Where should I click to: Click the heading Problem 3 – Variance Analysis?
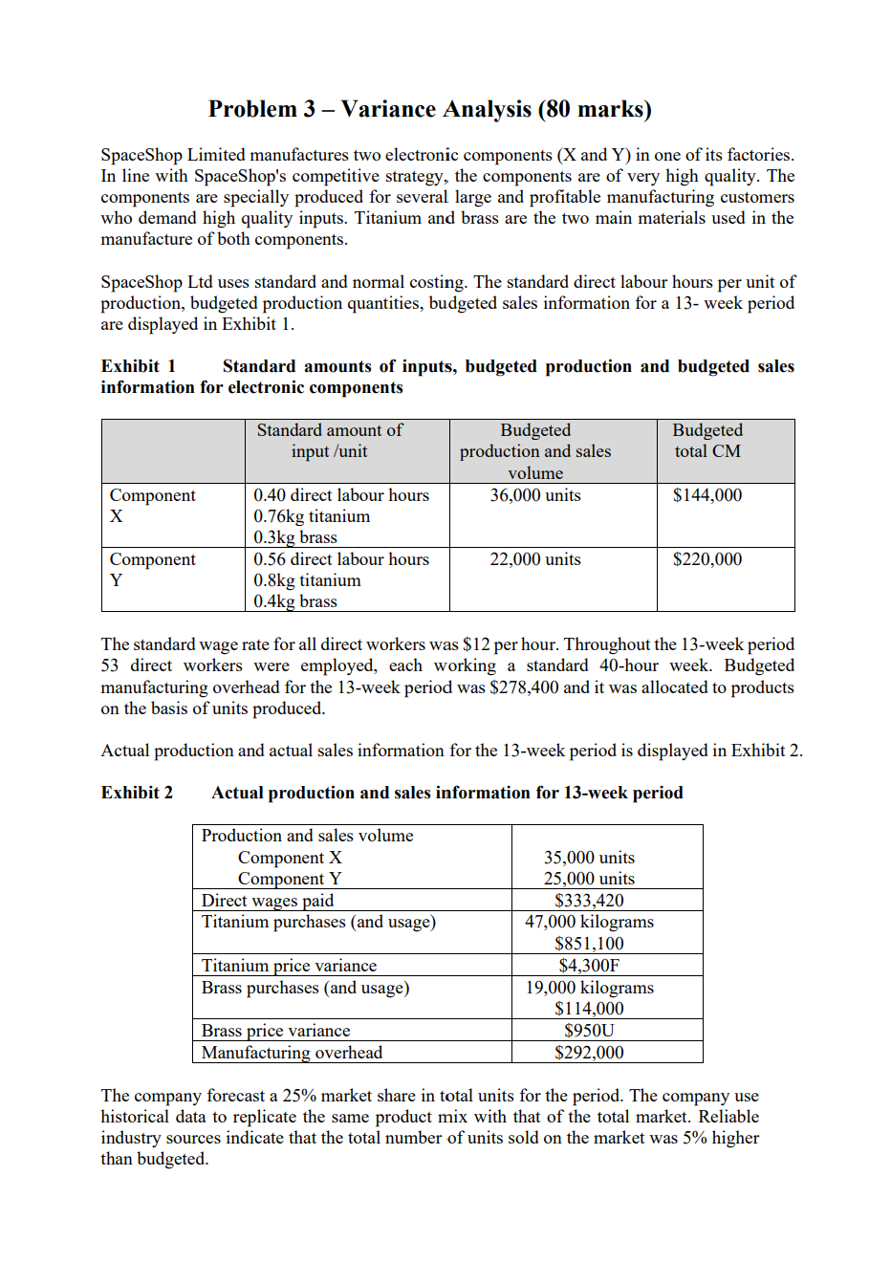coord(429,109)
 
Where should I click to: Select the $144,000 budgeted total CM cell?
coord(706,495)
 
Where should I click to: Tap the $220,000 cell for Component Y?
coord(706,559)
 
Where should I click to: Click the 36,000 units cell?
coord(534,495)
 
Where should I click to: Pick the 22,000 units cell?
coord(534,559)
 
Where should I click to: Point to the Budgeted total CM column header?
coord(706,441)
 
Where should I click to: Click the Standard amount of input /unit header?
coord(329,441)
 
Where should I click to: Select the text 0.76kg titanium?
coord(312,516)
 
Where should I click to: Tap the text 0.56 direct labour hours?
coord(341,559)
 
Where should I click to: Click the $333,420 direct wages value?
coord(589,901)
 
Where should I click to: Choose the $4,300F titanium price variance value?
coord(589,966)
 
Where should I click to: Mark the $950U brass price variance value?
coord(589,1031)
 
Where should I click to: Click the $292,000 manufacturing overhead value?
coord(589,1053)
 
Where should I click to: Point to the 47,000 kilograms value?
coord(589,922)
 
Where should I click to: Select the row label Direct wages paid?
coord(268,901)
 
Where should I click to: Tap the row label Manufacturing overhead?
coord(292,1053)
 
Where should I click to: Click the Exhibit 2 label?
coord(137,793)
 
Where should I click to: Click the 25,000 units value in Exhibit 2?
coord(589,879)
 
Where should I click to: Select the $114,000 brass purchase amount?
coord(589,1009)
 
